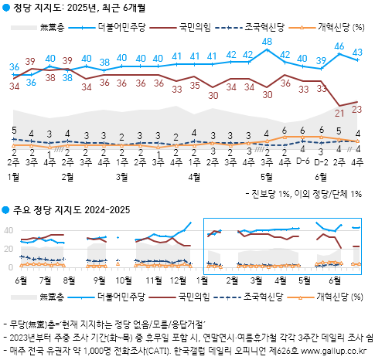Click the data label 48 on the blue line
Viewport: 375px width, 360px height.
tap(268, 41)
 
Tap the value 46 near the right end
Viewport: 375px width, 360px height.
tap(339, 46)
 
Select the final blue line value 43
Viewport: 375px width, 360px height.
tap(358, 53)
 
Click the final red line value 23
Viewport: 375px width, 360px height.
tap(357, 110)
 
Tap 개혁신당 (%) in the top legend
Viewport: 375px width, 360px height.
tap(341, 27)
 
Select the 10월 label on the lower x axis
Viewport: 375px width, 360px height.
tap(124, 279)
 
